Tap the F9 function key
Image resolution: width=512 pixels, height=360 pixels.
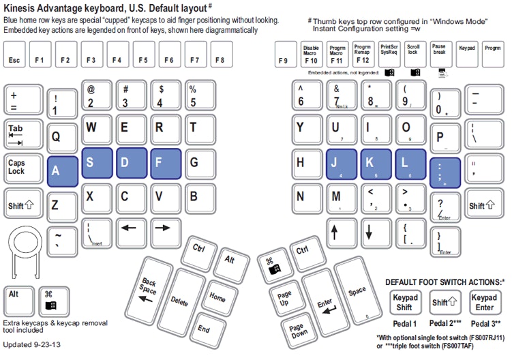point(284,55)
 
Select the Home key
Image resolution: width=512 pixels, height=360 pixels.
point(217,297)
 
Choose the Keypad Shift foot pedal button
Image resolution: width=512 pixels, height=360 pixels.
point(404,302)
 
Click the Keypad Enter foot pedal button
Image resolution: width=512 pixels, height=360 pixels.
point(485,302)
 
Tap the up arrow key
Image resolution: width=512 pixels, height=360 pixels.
point(335,233)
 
